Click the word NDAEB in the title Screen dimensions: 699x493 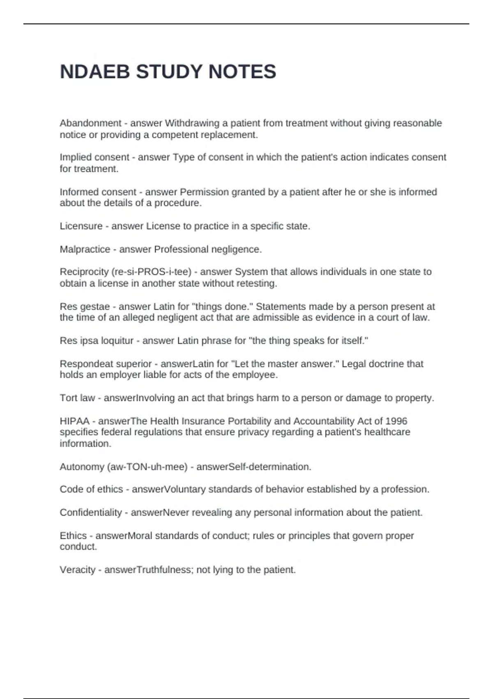pos(95,72)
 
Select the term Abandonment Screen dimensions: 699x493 pos(90,123)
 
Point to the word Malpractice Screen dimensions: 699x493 pos(85,249)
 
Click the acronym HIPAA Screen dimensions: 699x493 pos(74,421)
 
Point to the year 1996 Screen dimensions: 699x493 pos(396,421)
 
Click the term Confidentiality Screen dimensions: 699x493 pos(90,512)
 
